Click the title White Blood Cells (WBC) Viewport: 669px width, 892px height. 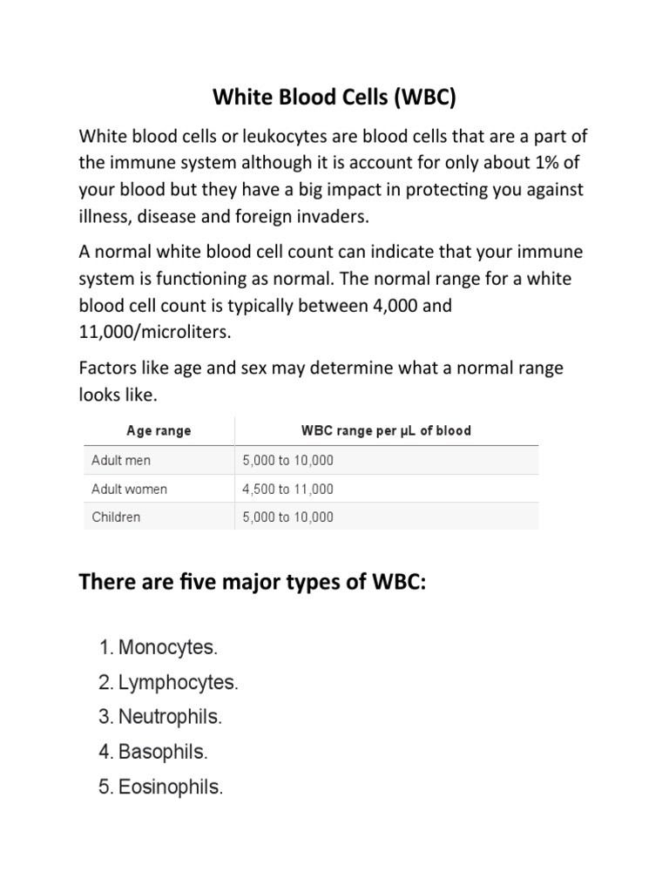point(335,98)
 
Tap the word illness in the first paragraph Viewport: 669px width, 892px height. point(104,216)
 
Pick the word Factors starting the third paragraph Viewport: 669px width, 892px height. point(106,368)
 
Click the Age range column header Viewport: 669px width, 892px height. point(159,430)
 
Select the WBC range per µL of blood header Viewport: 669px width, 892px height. point(385,430)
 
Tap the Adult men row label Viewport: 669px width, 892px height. point(120,460)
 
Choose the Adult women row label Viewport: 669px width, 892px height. point(129,489)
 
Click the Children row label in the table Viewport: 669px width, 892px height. point(116,517)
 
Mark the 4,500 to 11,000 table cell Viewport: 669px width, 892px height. point(287,489)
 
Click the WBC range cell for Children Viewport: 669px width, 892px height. point(287,517)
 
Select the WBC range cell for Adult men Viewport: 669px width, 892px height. point(287,460)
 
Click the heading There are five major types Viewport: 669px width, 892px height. point(253,582)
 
